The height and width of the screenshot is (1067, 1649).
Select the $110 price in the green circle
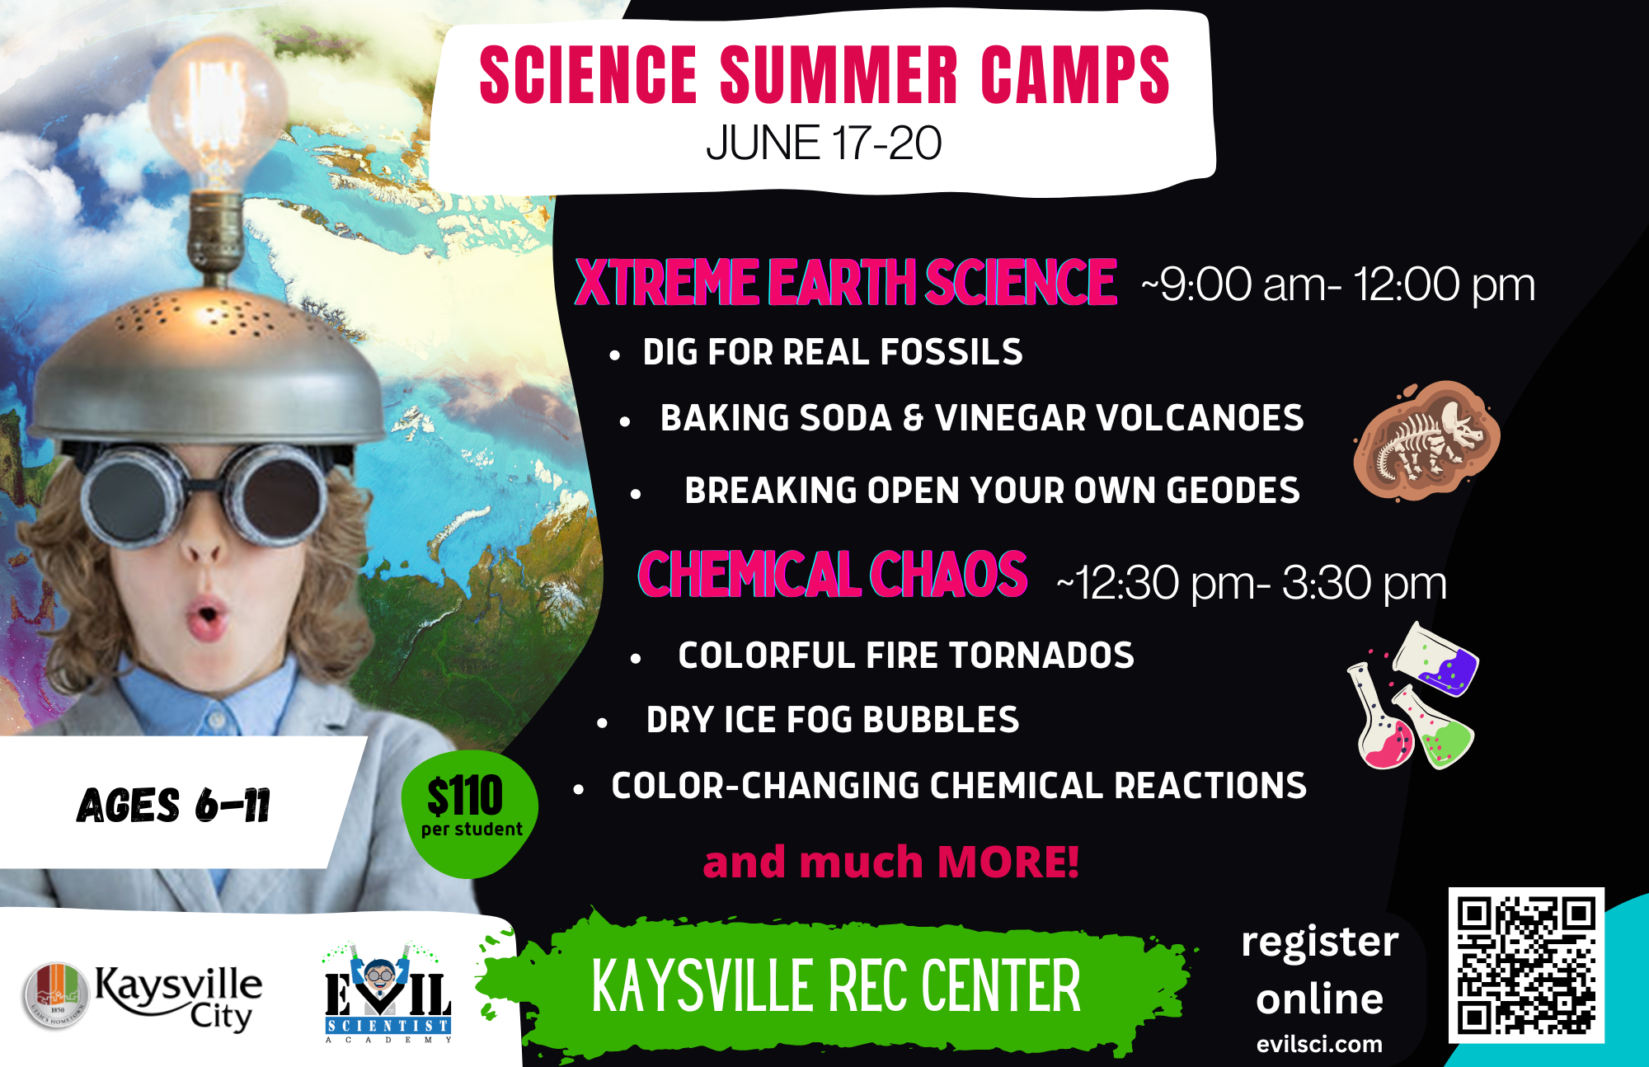click(464, 796)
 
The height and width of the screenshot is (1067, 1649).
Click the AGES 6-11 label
click(173, 805)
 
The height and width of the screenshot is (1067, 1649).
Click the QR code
click(1525, 965)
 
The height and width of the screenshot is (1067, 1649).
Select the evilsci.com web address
click(1319, 1044)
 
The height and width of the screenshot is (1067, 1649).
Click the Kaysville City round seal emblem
click(56, 995)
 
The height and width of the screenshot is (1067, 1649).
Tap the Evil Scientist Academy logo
click(388, 994)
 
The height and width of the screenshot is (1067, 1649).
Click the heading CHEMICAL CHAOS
click(833, 575)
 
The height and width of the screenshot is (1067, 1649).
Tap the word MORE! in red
click(1008, 863)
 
